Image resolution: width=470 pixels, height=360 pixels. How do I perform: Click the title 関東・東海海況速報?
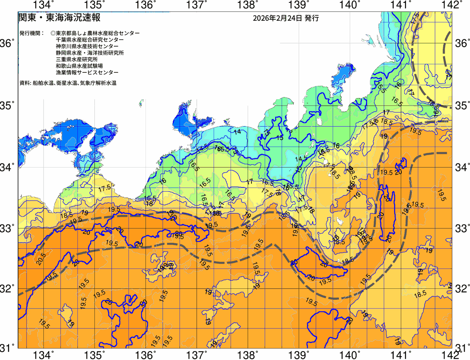(59, 17)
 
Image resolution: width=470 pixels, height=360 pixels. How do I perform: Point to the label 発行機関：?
(32, 33)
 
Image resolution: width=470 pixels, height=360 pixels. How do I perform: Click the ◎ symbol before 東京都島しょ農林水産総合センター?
(53, 33)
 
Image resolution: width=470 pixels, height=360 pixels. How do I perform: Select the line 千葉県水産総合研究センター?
(90, 40)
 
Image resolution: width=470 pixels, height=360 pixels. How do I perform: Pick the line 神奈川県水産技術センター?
(87, 46)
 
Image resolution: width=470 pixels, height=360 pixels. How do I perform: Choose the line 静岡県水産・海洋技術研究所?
(90, 53)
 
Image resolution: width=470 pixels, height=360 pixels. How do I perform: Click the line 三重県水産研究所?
(77, 60)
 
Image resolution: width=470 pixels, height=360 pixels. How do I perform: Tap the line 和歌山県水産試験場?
(79, 66)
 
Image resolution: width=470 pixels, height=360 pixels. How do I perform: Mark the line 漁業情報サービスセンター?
(87, 73)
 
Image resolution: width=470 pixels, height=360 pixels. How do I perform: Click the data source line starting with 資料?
(68, 83)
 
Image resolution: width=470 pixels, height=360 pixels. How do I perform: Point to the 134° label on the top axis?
(43, 5)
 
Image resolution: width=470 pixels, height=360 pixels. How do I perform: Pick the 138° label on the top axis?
(246, 5)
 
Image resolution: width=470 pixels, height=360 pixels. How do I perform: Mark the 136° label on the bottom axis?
(145, 355)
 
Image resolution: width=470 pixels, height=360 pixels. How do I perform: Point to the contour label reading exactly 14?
(238, 132)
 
